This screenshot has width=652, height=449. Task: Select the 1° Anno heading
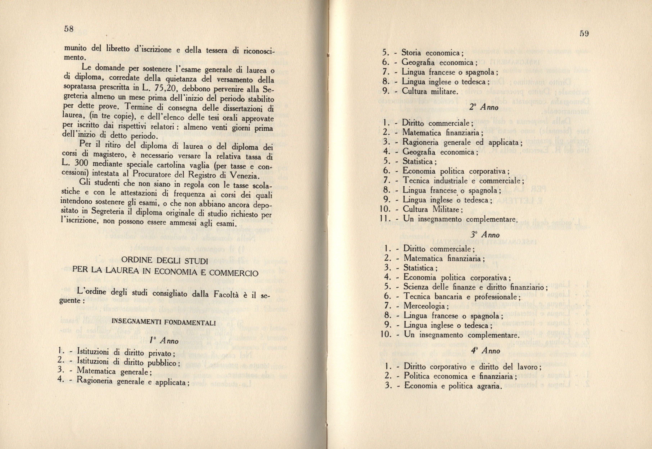coord(164,341)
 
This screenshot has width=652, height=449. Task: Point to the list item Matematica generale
coord(114,371)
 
